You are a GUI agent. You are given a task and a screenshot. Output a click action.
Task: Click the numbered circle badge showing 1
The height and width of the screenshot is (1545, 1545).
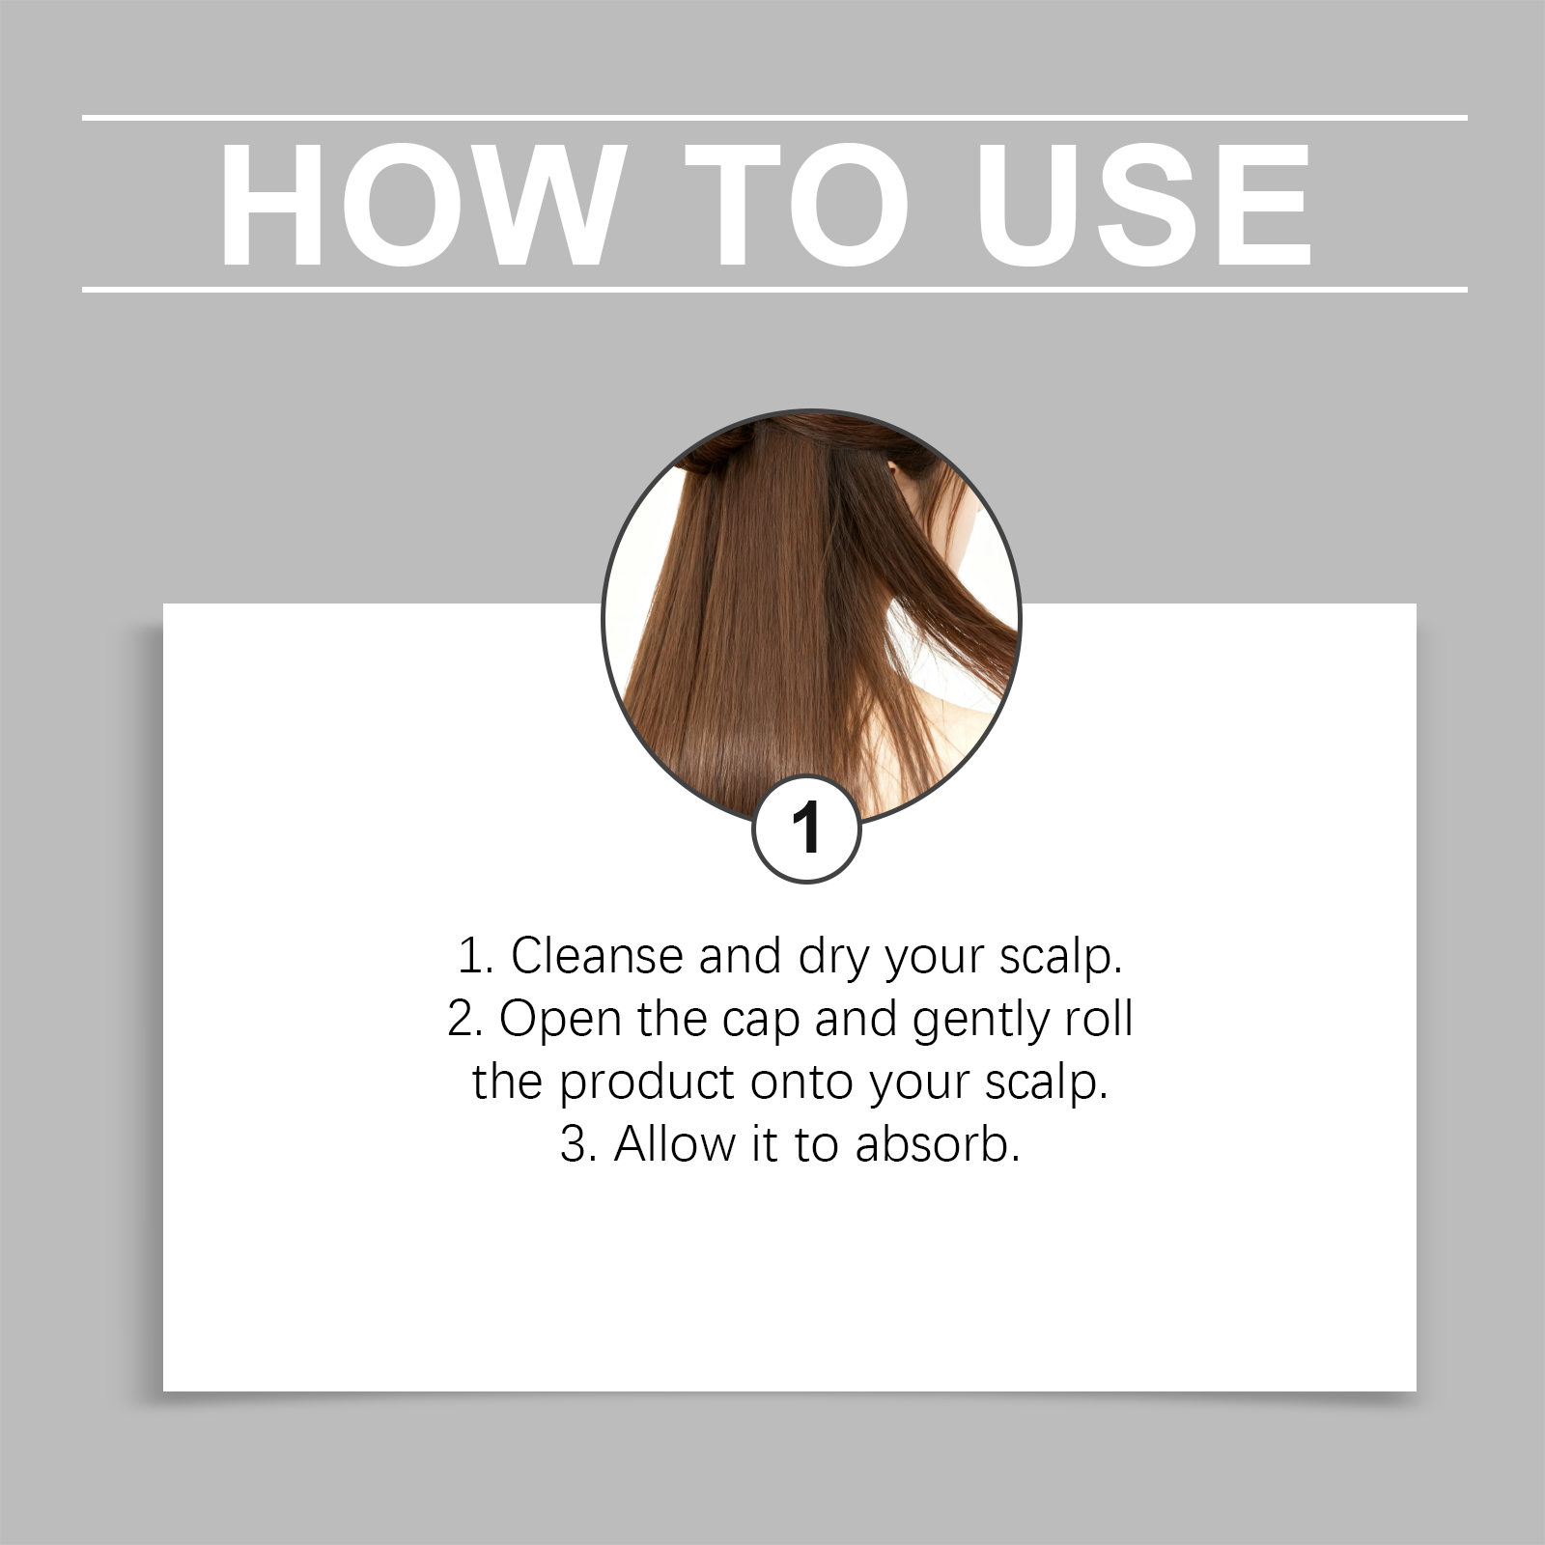coord(806,829)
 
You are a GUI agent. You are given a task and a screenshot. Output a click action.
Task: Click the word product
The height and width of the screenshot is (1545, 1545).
coord(647,1083)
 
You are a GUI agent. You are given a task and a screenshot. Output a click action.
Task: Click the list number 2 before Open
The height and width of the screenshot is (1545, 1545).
coord(464,1019)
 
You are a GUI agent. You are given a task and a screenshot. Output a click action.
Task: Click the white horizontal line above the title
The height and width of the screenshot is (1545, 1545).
coord(774,118)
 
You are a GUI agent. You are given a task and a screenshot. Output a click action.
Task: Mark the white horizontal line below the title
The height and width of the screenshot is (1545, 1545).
coord(774,289)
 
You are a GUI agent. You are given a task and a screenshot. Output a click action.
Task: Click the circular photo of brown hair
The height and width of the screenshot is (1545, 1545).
coord(811,618)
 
